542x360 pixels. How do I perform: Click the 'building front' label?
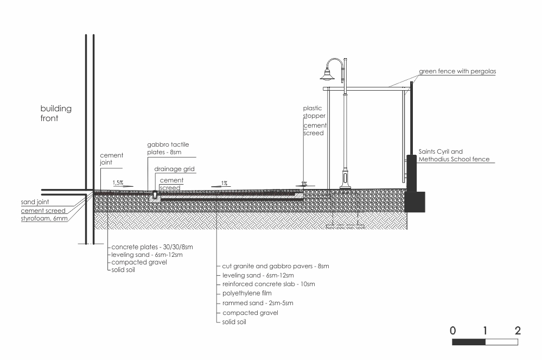pos(56,113)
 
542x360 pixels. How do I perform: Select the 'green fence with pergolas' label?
pos(457,71)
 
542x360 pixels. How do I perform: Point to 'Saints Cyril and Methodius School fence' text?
pos(454,155)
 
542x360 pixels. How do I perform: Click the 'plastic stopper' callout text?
pos(314,112)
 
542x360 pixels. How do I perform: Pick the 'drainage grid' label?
pos(174,169)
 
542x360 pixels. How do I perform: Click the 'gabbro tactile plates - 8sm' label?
pos(168,148)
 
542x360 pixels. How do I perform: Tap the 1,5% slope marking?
pos(118,182)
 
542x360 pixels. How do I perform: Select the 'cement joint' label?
pos(111,159)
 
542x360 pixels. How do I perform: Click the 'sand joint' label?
pos(35,202)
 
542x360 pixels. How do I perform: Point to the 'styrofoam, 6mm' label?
pos(44,219)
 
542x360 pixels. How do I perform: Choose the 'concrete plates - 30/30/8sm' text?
pos(152,247)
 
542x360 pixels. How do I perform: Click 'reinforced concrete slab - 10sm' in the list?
pos(269,284)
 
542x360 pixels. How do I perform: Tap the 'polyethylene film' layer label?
pos(247,293)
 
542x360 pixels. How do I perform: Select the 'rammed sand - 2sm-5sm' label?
pos(258,303)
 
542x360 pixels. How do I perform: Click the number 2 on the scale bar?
pos(518,331)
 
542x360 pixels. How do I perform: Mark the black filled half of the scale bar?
pos(469,342)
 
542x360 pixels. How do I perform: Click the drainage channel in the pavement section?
pos(155,197)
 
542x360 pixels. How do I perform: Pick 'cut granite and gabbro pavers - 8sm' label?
pos(276,266)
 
